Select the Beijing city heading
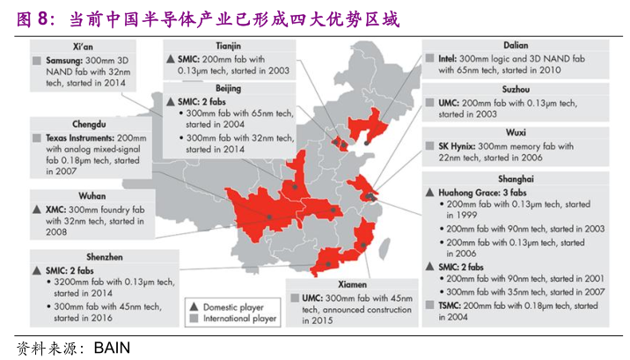click(x=228, y=88)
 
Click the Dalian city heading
click(x=516, y=44)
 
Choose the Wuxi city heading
click(x=516, y=132)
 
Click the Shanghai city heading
click(x=517, y=177)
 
